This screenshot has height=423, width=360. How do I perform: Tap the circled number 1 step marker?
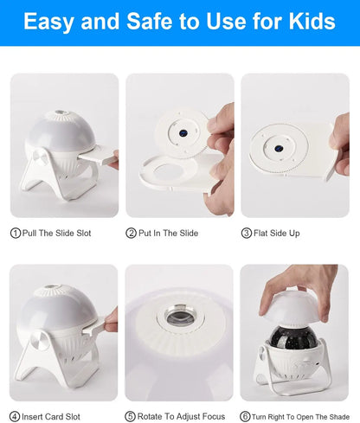[15, 233]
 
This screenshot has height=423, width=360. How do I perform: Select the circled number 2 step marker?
[132, 233]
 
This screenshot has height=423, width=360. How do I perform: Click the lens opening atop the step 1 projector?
[64, 114]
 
